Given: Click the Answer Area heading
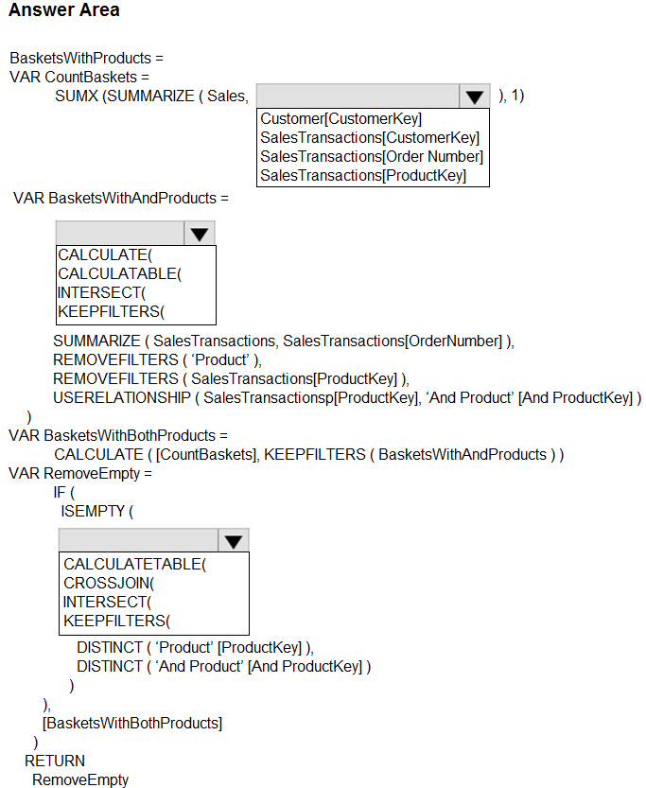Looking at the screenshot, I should pos(64,10).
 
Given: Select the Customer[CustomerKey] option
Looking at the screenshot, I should pos(340,119).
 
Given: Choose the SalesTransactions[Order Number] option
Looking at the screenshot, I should pos(372,157).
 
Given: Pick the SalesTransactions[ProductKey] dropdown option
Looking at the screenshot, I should pos(362,176).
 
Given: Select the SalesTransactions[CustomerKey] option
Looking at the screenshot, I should pos(370,138).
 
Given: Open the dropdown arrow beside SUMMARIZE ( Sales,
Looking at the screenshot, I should pos(474,96).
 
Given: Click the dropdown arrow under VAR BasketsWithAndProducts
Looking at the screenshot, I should pos(199,234).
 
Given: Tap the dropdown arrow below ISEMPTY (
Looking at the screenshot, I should pos(234,540).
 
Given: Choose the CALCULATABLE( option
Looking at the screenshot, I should pos(119,274).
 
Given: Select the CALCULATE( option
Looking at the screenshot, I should pos(105,255).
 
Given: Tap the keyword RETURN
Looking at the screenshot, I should pos(55,761).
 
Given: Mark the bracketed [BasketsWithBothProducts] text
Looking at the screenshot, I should pos(132,723).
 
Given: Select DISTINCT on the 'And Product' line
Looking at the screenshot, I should pos(107,666).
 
